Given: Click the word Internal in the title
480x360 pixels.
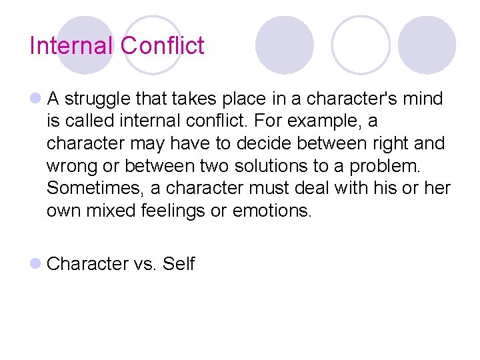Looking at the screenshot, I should point(72,46).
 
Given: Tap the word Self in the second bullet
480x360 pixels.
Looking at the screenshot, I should point(178,265).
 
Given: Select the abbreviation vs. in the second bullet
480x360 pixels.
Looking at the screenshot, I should point(145,265).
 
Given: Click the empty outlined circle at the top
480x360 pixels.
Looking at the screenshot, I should point(361,45).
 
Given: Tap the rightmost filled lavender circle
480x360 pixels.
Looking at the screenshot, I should point(427,45).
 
